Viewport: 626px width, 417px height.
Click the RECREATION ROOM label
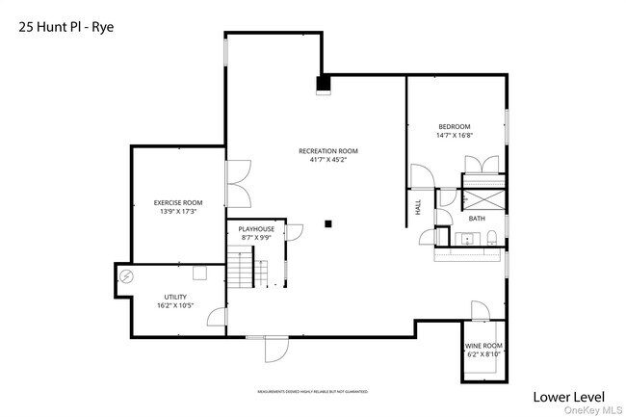(328, 151)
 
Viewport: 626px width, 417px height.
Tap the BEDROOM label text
(455, 127)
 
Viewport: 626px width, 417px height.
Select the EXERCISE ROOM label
(178, 202)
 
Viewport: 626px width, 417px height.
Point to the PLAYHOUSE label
(257, 229)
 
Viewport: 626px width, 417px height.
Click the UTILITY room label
(174, 297)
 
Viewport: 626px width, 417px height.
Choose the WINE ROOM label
(483, 346)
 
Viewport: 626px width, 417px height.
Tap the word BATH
(477, 219)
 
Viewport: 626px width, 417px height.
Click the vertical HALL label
(419, 206)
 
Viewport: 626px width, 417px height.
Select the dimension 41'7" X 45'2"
(328, 161)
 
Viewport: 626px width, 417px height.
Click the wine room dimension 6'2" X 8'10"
(483, 354)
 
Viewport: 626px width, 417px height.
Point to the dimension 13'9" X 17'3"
(178, 211)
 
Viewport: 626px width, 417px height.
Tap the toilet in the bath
(491, 238)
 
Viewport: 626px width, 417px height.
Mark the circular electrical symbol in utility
(126, 275)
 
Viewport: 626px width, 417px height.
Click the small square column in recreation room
(328, 224)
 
